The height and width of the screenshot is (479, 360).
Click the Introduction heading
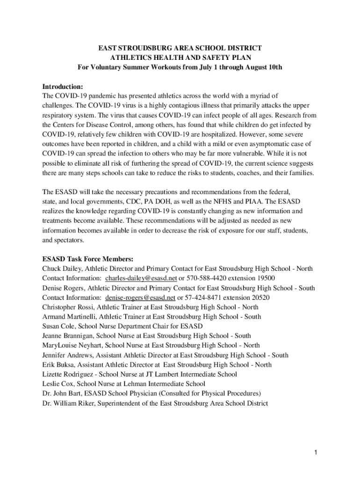click(x=63, y=87)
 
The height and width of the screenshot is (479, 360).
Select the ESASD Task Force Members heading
click(x=88, y=259)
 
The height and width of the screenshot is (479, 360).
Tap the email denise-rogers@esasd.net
click(x=140, y=298)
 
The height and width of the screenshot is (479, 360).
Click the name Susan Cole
click(x=58, y=326)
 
